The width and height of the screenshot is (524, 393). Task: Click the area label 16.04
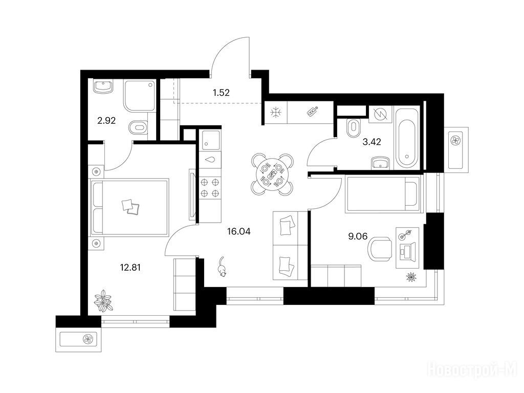238,231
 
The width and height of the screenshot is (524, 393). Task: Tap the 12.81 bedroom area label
130,267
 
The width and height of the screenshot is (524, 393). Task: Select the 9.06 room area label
358,236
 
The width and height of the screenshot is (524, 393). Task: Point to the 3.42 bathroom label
372,142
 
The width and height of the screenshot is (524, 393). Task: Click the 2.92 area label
106,121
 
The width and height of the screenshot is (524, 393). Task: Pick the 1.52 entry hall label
221,93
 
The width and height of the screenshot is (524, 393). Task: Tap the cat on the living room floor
222,267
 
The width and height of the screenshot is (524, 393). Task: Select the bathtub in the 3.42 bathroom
406,138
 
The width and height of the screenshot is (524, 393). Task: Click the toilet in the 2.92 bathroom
138,127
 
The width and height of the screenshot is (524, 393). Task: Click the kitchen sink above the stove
210,140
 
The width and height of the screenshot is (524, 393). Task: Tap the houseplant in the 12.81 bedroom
103,300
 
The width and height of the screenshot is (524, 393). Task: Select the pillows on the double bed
130,207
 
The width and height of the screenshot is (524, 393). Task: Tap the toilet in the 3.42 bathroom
353,128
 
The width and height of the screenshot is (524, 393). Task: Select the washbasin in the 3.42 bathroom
380,163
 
